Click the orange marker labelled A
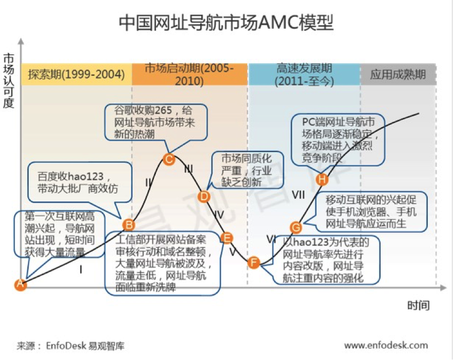(20, 284)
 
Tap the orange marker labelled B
(128, 225)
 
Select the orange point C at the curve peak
(169, 160)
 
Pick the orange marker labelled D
(204, 196)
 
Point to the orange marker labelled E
(227, 238)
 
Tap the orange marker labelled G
(296, 228)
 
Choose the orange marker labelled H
(323, 180)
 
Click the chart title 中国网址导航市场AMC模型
(226, 22)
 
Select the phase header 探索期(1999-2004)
(76, 74)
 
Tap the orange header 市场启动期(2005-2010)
(189, 74)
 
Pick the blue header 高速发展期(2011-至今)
(304, 74)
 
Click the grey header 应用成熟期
(398, 74)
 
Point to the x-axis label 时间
(418, 306)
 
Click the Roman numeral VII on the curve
(298, 195)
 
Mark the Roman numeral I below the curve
(81, 269)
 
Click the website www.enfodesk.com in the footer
(386, 345)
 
